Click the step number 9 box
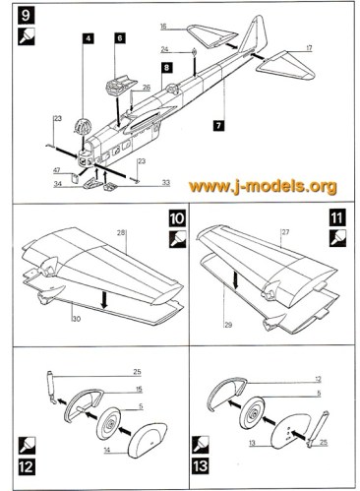pos(27,16)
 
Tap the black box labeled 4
pos(88,38)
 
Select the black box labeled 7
pos(218,125)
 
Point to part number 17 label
pos(309,48)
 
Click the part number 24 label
pos(164,49)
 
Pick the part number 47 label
pos(57,170)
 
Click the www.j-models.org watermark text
pos(263,186)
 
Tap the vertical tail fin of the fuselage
pos(255,34)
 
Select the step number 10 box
pos(177,218)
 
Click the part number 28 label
pos(121,233)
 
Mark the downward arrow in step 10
pos(104,299)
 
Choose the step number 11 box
pos(337,218)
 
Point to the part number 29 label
pos(228,325)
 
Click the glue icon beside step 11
pos(337,238)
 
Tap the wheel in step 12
pos(109,423)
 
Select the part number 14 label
pos(107,451)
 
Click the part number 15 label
pos(139,390)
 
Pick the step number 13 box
pos(200,466)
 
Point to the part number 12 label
pos(318,380)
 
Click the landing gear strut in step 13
pos(317,428)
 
